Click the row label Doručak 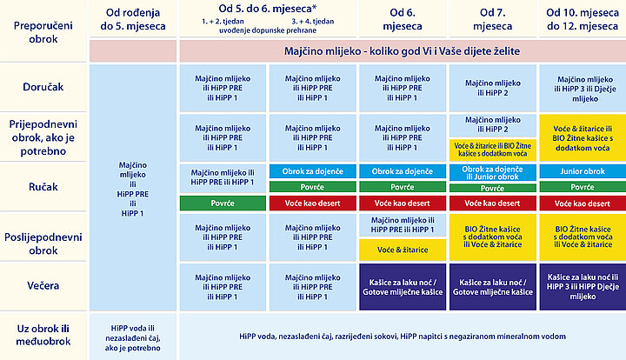click(43, 87)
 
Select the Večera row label click(43, 286)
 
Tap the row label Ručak click(43, 187)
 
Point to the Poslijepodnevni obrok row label click(43, 243)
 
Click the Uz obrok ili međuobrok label click(43, 335)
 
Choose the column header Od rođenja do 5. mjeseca click(133, 19)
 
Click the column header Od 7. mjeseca click(493, 19)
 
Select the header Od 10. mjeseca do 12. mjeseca click(583, 19)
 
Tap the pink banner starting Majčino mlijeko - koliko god click(403, 51)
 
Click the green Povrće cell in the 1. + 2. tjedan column click(223, 203)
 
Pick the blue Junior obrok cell click(583, 171)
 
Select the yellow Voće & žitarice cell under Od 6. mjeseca click(403, 250)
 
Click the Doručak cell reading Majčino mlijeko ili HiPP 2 click(493, 88)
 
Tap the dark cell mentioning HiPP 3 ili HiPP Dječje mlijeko click(583, 287)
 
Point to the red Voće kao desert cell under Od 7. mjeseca click(493, 203)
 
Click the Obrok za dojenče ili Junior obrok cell click(493, 172)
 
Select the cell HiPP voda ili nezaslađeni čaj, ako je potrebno click(133, 338)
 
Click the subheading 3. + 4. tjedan click(313, 22)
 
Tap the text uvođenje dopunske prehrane click(268, 30)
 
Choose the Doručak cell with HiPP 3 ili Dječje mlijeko click(583, 88)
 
